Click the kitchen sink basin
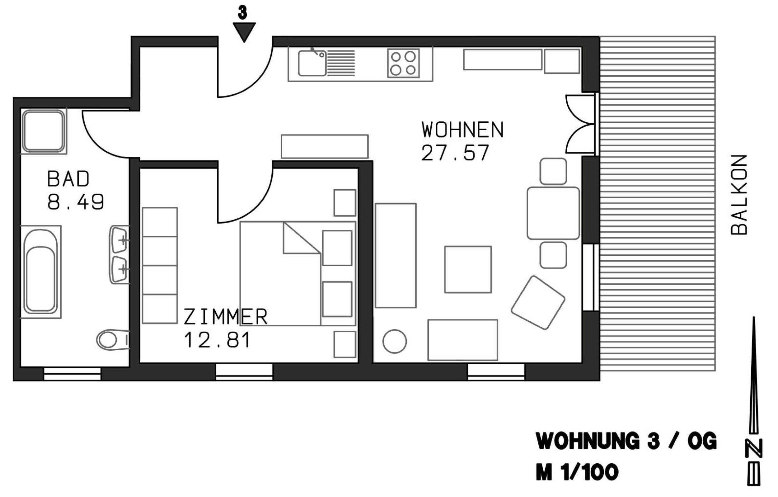[312, 64]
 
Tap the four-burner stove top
[403, 64]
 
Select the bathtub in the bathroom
[40, 272]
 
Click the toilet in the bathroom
[113, 340]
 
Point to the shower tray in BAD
[44, 131]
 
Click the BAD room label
[68, 179]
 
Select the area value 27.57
[455, 153]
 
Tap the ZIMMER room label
[226, 317]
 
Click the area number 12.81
[217, 340]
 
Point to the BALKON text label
[739, 195]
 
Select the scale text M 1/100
[577, 472]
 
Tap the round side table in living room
[395, 342]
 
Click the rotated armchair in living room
[538, 303]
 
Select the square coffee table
[468, 270]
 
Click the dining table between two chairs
[553, 213]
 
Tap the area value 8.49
[76, 202]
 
